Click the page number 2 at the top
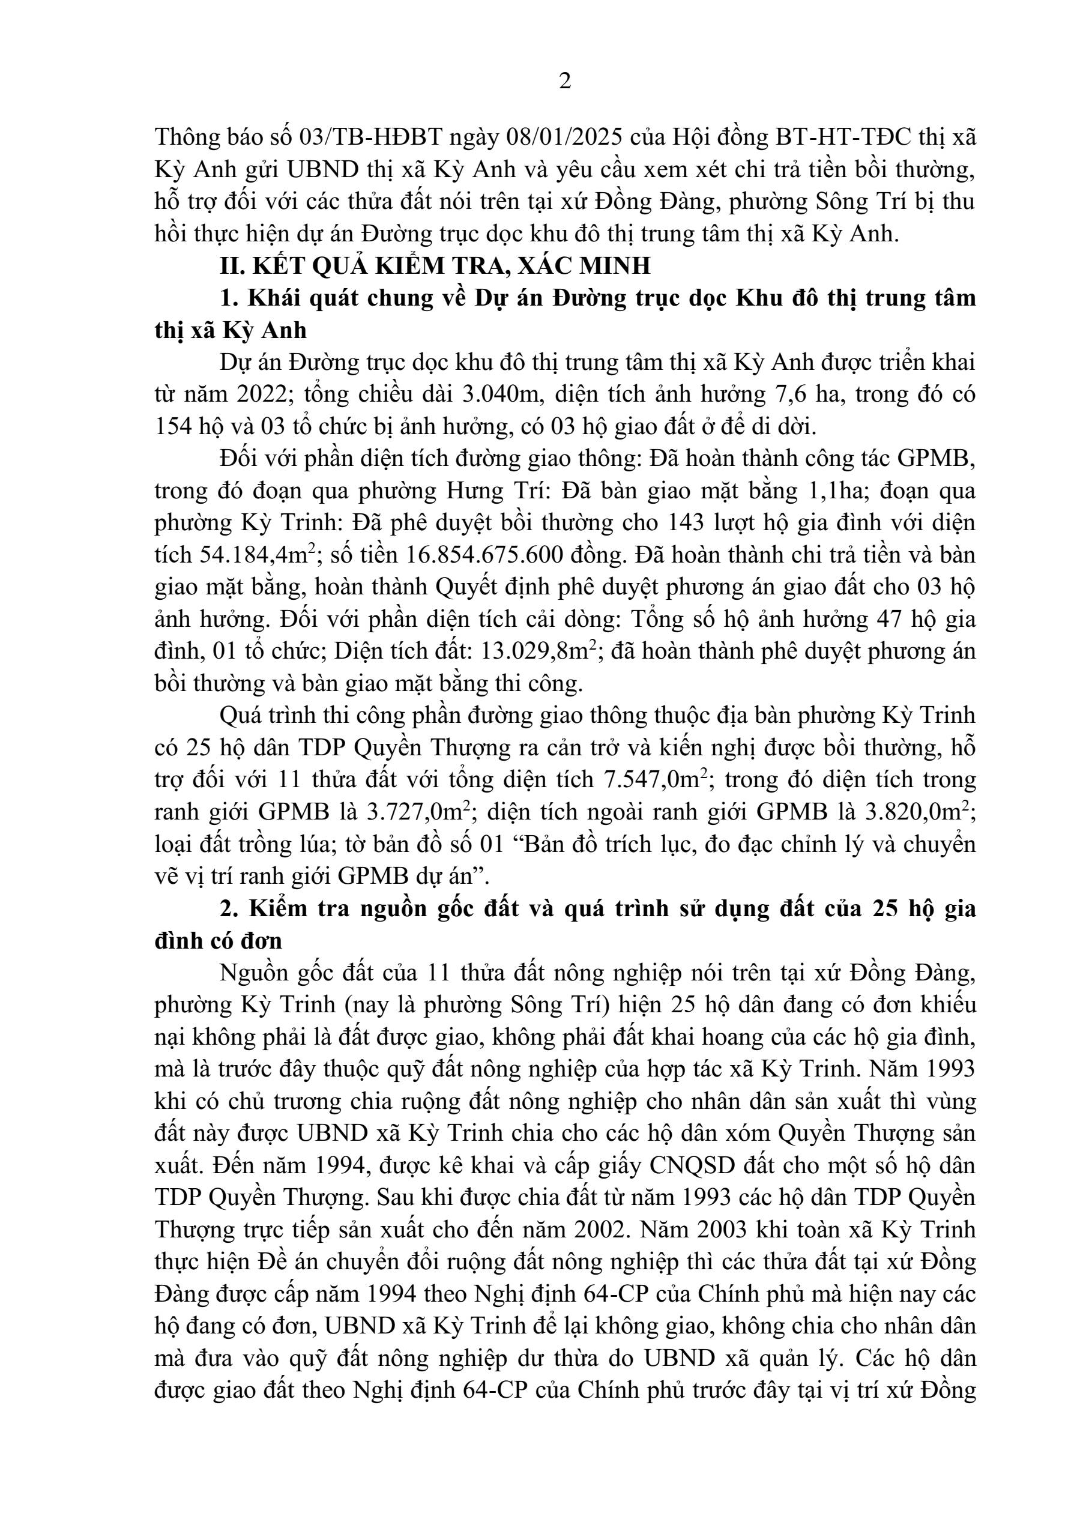pyautogui.click(x=564, y=82)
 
